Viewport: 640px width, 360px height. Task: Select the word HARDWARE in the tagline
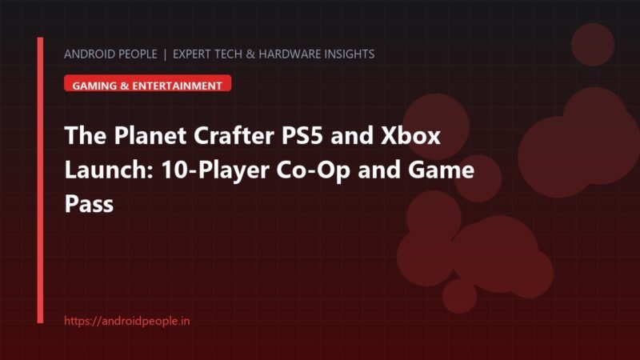(x=290, y=54)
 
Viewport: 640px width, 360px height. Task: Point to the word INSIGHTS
(x=350, y=54)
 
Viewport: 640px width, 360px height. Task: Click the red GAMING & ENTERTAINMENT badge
(x=148, y=83)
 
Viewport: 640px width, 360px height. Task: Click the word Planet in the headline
(x=150, y=135)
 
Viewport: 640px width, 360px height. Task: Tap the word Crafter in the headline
(x=234, y=135)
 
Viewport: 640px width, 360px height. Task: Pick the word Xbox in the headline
(x=410, y=135)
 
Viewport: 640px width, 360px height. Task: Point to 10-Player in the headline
(x=215, y=170)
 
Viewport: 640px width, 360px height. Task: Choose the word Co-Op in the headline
(x=314, y=170)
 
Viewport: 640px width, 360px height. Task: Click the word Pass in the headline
(x=89, y=203)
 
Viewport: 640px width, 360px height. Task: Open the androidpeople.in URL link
(x=127, y=321)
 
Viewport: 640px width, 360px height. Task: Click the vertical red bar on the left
(x=40, y=180)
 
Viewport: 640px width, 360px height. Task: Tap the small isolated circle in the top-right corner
(x=593, y=45)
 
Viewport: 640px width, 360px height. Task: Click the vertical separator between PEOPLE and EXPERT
(x=165, y=54)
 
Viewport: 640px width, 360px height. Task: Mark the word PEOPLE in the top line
(x=133, y=54)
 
